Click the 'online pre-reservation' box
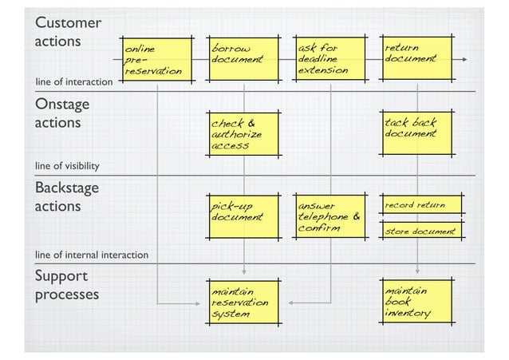click(156, 60)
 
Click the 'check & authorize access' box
click(243, 134)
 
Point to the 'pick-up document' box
click(243, 216)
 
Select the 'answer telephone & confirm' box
click(330, 216)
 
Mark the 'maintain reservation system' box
click(243, 303)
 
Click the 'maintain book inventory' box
click(416, 303)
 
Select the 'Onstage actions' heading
click(61, 113)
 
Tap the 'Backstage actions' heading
click(66, 196)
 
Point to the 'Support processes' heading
click(67, 286)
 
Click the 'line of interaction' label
click(73, 82)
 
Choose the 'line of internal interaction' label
click(91, 255)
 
